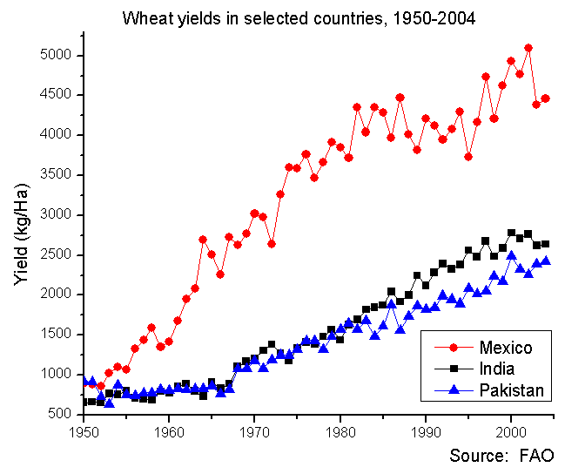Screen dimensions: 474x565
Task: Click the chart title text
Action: coord(299,17)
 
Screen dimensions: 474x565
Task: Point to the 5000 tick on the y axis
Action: coord(58,55)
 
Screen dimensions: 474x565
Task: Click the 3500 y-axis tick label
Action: coord(58,174)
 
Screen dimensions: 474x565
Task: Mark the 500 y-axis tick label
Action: coord(62,414)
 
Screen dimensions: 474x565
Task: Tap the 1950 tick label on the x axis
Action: coord(84,430)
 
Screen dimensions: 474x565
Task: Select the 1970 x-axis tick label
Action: coord(254,430)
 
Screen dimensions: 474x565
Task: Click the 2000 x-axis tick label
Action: coord(511,430)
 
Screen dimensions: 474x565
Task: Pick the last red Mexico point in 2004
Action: coord(546,98)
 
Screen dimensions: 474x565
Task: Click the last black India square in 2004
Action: coord(546,244)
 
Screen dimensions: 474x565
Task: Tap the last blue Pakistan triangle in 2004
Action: coord(546,261)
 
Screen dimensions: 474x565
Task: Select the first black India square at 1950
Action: coord(84,402)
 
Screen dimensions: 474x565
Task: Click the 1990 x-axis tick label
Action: coord(426,430)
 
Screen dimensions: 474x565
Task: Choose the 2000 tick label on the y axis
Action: coord(58,294)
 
